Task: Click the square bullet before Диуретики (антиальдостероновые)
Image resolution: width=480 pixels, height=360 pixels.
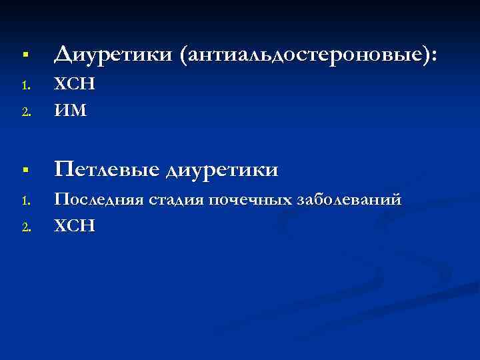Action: (x=23, y=53)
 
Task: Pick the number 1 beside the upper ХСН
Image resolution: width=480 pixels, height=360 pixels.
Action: (x=24, y=85)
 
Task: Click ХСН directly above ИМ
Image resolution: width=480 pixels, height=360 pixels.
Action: (x=74, y=84)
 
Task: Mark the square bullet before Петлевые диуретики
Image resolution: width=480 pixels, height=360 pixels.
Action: (x=23, y=171)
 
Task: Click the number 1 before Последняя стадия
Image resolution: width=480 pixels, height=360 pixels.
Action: (x=24, y=200)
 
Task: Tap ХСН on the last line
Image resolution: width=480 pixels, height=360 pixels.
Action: (x=74, y=225)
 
